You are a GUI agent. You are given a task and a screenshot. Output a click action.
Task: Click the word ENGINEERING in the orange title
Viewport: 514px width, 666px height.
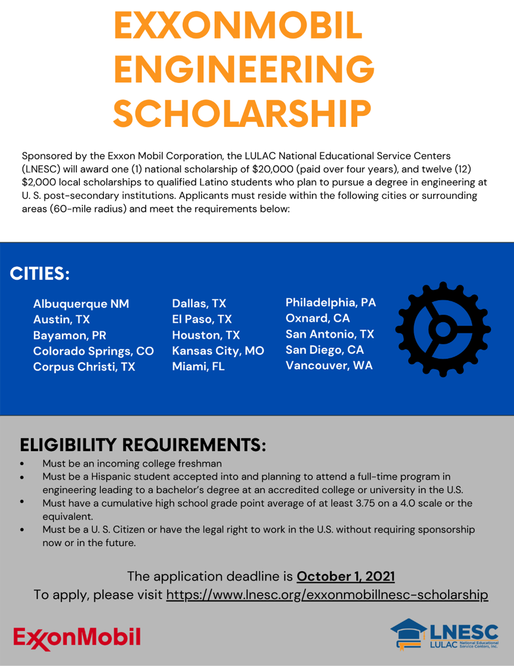pos(244,69)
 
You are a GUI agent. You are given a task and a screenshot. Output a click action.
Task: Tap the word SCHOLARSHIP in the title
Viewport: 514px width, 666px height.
pos(242,113)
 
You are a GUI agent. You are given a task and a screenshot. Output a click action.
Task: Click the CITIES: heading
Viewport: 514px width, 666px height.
pos(39,273)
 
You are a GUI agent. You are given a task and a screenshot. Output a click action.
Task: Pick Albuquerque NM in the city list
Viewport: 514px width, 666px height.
pos(81,304)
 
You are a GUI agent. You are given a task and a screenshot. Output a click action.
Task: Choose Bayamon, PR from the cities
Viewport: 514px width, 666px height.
pos(69,335)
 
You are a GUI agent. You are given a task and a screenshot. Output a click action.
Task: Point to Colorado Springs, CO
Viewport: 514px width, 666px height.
pos(93,351)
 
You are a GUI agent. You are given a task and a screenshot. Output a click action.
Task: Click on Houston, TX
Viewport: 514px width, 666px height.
pos(206,335)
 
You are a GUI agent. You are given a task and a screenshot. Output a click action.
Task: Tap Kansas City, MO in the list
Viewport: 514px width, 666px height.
pos(218,350)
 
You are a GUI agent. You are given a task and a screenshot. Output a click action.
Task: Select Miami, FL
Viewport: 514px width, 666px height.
pos(198,366)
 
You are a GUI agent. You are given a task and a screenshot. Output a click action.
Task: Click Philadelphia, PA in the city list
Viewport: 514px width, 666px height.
pos(331,302)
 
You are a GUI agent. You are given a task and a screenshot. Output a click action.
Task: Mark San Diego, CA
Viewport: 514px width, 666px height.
pos(325,349)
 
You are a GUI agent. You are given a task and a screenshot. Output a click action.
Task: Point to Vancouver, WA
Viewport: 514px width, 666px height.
pos(329,365)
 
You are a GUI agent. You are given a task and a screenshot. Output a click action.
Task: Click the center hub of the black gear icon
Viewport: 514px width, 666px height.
pos(443,329)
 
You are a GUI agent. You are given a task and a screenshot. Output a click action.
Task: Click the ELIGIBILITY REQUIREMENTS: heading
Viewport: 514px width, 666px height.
pos(143,445)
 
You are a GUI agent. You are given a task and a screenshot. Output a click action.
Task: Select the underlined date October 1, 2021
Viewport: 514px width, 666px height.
pos(346,576)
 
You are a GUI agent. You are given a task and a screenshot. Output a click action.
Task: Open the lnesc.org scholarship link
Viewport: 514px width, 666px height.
pos(327,595)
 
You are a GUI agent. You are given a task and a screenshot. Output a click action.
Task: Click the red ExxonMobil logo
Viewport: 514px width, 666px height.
pos(77,638)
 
